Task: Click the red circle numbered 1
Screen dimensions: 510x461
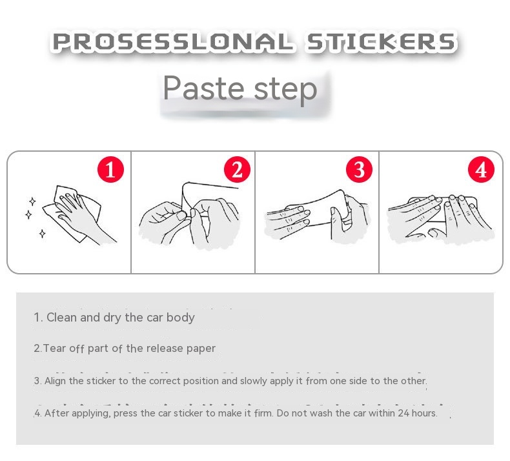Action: (110, 170)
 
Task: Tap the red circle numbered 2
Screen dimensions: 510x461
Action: (237, 170)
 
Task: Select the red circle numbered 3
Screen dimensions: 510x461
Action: (359, 170)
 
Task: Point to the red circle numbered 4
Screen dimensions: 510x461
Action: (481, 170)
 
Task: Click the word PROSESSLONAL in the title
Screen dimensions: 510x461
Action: (173, 42)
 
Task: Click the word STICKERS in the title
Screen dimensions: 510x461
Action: (381, 42)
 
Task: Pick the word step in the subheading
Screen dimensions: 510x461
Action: (285, 90)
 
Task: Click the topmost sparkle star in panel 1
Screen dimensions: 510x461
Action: (32, 201)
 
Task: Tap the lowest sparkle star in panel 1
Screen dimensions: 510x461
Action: (42, 233)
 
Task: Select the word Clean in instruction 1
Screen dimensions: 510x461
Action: (62, 317)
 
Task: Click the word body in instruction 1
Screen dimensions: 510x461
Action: (181, 317)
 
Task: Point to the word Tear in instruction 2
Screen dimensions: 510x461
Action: (54, 348)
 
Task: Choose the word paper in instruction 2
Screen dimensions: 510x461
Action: (201, 349)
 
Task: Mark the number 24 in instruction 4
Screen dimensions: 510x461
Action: (403, 413)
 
